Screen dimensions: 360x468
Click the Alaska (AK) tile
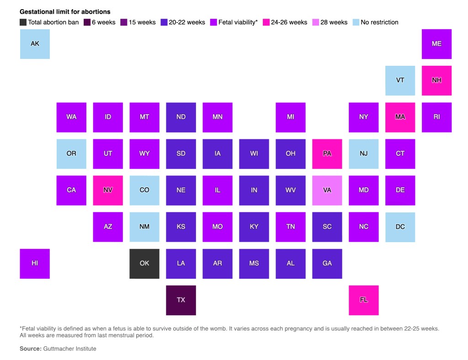(x=35, y=44)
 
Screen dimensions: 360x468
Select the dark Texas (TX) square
(x=181, y=300)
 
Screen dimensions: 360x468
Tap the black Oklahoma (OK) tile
(x=144, y=264)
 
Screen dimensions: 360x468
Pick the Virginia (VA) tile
(x=327, y=190)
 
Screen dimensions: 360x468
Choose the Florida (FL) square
(x=364, y=300)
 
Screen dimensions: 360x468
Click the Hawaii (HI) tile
(x=35, y=264)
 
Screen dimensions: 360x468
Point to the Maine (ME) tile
(x=436, y=44)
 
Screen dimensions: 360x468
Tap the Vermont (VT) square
(x=400, y=80)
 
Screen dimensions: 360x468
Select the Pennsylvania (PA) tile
(x=327, y=154)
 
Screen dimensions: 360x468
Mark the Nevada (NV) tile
(x=108, y=190)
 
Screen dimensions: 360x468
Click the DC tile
(x=400, y=227)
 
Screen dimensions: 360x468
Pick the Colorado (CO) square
(x=144, y=190)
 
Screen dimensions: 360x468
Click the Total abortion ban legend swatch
(x=23, y=22)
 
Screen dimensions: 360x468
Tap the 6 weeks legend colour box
(x=87, y=22)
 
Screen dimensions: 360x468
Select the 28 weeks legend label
(x=334, y=22)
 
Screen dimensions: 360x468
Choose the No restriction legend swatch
(x=356, y=22)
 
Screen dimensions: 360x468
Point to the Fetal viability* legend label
(x=238, y=22)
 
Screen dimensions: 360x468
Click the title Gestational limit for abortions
(x=65, y=12)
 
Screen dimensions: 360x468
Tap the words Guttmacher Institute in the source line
(x=69, y=349)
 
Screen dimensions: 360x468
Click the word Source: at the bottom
(x=30, y=349)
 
